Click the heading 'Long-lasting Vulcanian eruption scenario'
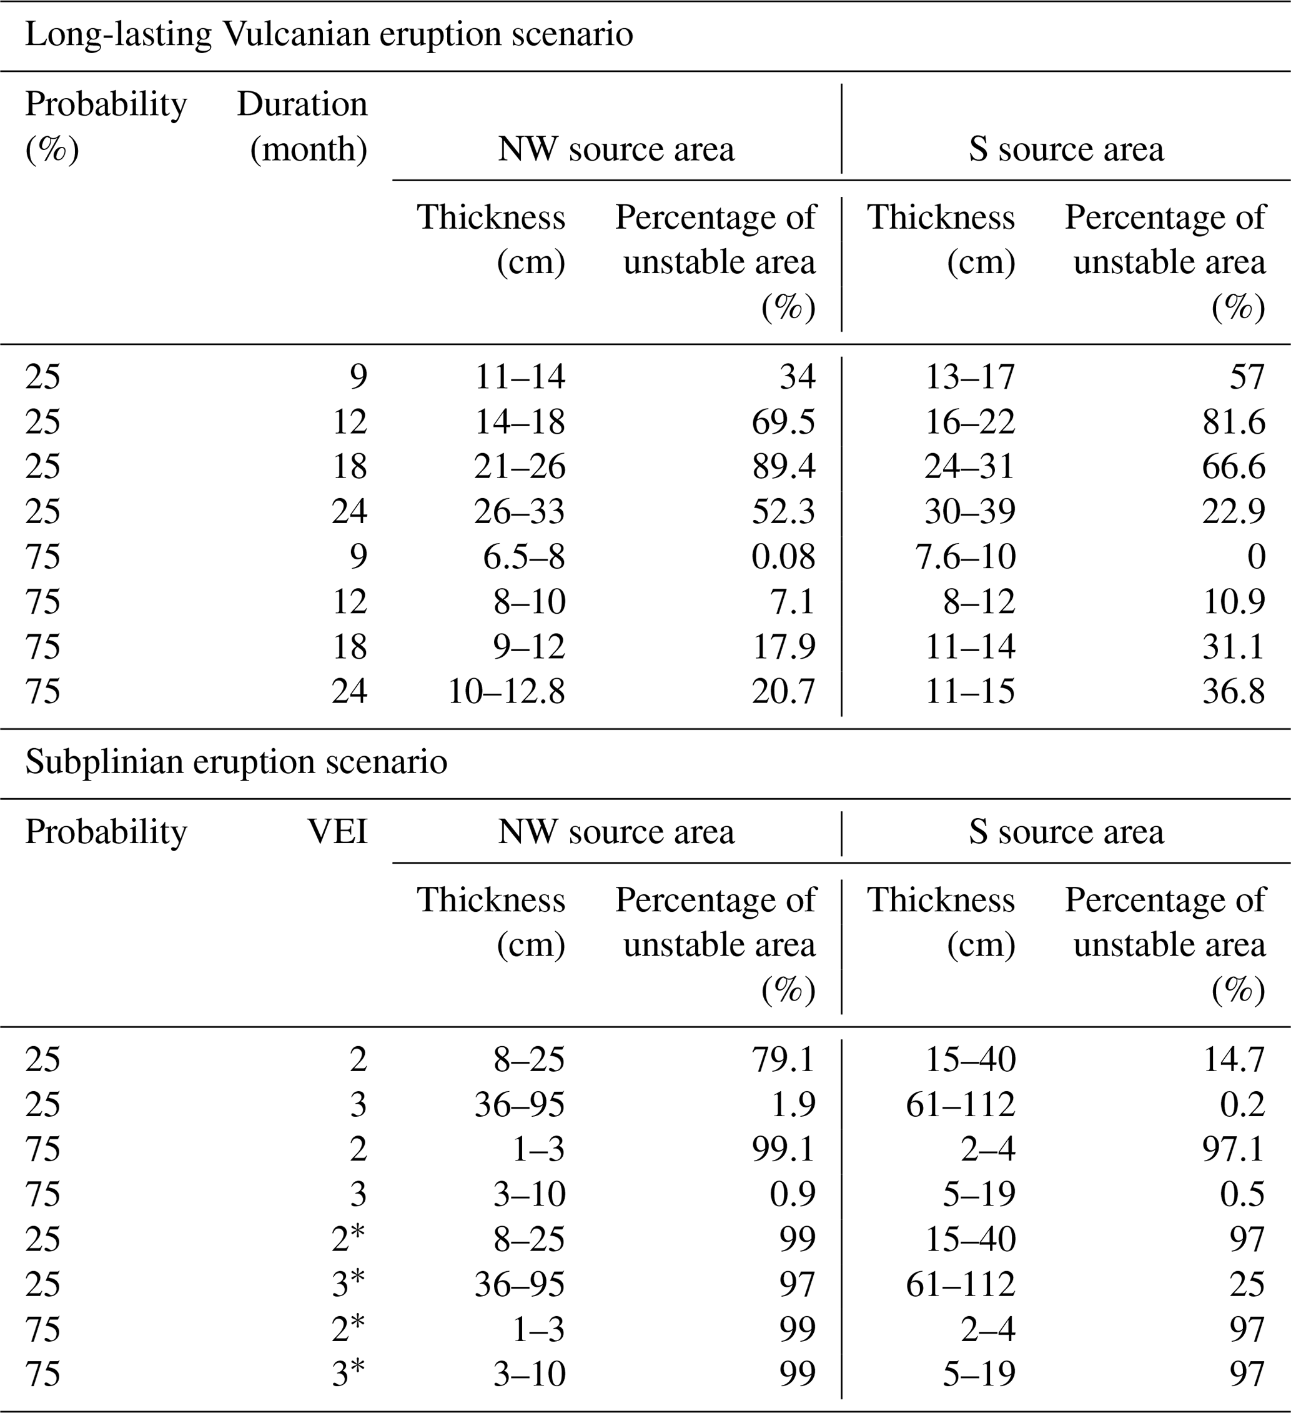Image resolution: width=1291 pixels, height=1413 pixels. (329, 34)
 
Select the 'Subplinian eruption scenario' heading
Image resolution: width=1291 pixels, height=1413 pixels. (236, 762)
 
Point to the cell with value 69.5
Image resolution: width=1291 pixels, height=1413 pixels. (783, 422)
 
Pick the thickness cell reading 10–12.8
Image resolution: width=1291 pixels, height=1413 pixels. (506, 692)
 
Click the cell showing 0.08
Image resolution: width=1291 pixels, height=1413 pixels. (783, 556)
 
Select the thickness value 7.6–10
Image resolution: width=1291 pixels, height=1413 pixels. (964, 556)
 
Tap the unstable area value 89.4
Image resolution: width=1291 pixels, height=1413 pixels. (783, 467)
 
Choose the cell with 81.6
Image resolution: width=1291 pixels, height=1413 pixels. (1234, 422)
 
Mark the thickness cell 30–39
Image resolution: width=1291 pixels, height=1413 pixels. (969, 512)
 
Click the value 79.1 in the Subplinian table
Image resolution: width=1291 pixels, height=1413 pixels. (783, 1059)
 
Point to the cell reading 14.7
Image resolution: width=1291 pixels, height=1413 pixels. (1234, 1059)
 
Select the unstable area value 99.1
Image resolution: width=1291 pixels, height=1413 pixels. (783, 1149)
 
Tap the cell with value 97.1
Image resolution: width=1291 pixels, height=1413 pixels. (1234, 1149)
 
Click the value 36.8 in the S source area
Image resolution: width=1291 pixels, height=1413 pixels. (1234, 692)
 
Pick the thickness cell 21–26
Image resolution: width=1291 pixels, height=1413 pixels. (519, 467)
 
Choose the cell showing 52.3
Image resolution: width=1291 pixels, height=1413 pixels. (783, 512)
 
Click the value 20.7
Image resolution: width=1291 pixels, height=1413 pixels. (783, 692)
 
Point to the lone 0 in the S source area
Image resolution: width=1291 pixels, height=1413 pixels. (1256, 556)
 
